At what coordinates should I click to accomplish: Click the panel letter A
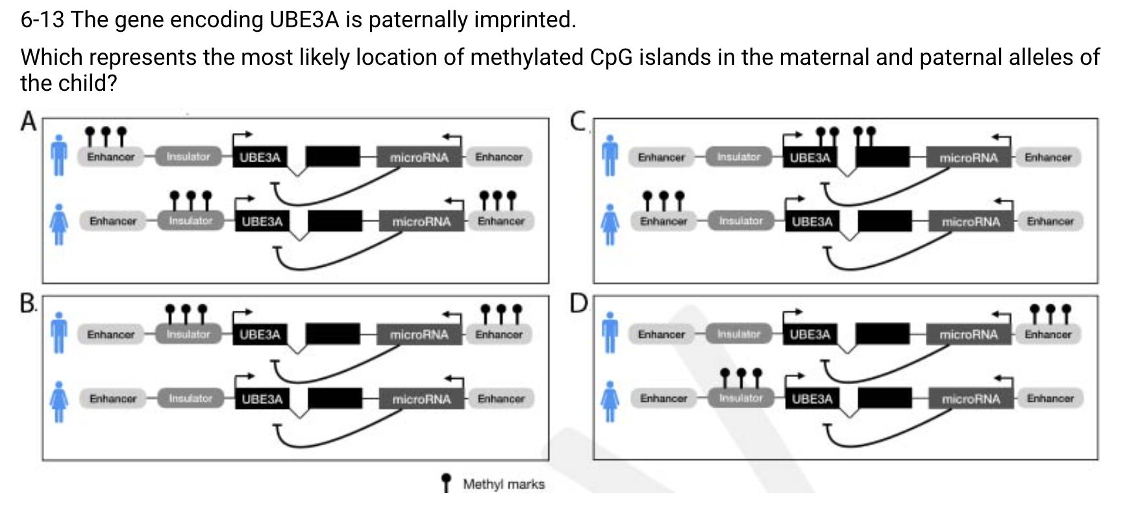(28, 121)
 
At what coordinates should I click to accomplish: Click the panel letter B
(28, 303)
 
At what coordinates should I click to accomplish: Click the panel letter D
(578, 303)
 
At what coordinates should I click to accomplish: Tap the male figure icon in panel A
(59, 156)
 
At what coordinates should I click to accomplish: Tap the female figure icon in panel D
(610, 401)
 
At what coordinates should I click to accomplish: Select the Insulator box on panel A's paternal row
(188, 156)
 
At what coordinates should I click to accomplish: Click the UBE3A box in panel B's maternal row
(262, 399)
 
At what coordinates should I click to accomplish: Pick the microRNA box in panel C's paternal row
(968, 157)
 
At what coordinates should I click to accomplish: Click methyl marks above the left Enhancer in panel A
(106, 136)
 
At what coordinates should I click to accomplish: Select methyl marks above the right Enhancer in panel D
(1049, 313)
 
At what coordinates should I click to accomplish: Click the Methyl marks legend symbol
(445, 483)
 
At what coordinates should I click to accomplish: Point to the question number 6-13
(42, 20)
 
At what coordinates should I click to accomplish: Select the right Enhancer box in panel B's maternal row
(501, 398)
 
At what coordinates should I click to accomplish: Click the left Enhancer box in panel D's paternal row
(661, 334)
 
